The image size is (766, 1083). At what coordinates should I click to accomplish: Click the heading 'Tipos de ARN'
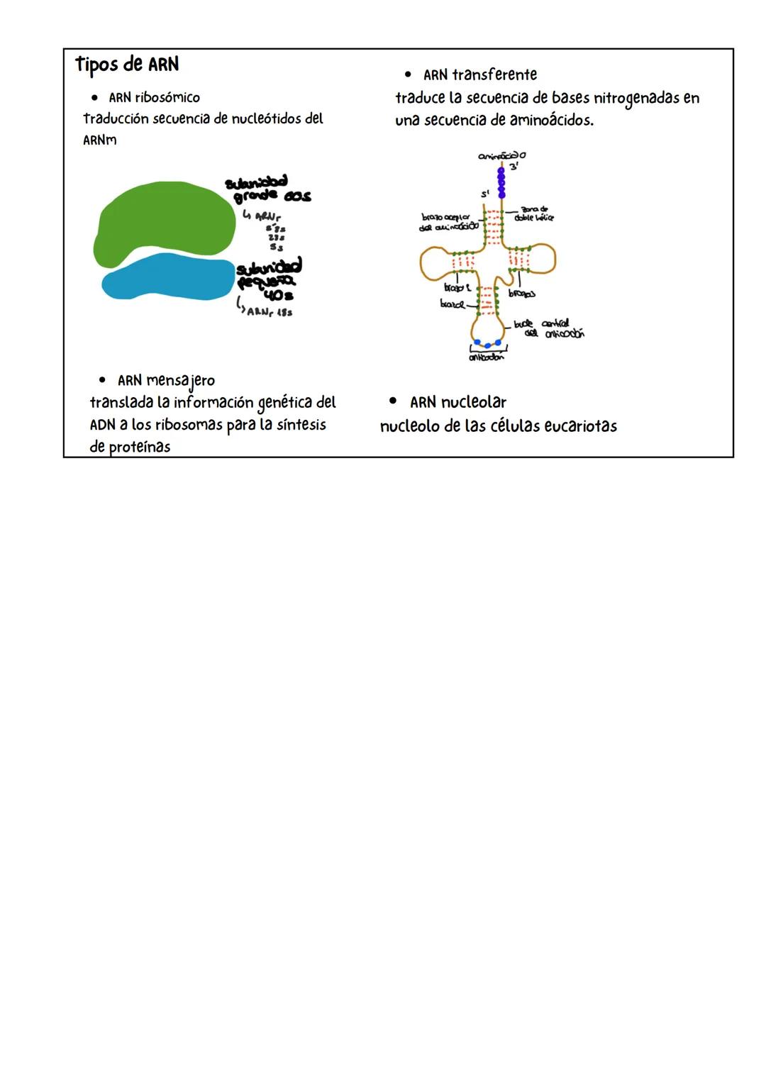point(127,65)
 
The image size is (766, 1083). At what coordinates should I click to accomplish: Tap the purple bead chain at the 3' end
point(501,182)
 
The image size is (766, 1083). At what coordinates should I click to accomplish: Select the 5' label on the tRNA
point(486,194)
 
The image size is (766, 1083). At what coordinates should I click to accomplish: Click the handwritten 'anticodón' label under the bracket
point(487,357)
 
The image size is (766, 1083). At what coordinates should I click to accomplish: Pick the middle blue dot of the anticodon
point(487,345)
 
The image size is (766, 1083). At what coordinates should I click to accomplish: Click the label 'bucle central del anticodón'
point(550,328)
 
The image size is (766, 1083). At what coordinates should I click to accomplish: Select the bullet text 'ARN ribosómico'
point(154,98)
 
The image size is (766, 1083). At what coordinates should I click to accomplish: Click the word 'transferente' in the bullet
point(494,74)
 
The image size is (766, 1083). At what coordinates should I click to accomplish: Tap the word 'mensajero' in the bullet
point(180,381)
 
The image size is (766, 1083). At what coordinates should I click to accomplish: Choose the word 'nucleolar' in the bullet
point(474,403)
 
